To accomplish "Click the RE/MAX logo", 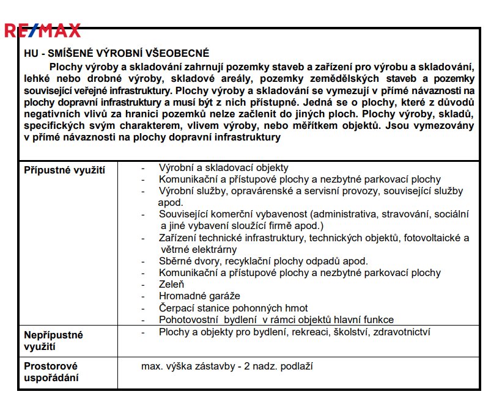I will (42, 29).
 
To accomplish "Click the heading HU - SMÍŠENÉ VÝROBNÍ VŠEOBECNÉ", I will (116, 54).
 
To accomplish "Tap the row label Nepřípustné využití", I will (53, 341).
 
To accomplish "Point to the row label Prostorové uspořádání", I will (51, 372).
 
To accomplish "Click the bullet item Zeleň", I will (171, 284).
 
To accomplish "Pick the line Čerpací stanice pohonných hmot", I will (233, 308).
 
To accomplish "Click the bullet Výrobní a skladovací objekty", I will (223, 167).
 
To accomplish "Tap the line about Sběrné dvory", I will (263, 261).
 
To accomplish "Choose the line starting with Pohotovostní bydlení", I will (276, 319).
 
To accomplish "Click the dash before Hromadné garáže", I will (143, 296).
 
